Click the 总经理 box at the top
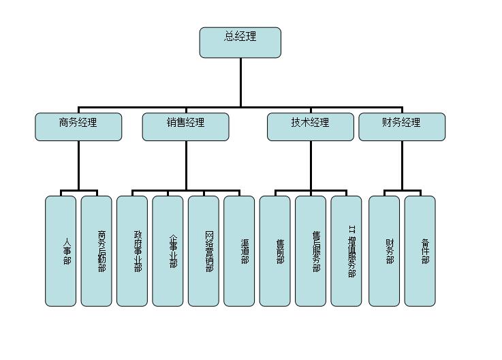240,42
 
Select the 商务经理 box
78,127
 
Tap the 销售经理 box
185,127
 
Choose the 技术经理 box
310,127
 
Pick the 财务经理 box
402,127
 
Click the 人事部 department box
61,251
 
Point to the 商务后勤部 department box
96,251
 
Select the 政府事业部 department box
132,251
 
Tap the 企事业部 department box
168,251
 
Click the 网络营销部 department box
204,251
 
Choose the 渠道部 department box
239,251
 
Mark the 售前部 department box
274,251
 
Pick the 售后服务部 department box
311,251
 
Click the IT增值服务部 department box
346,251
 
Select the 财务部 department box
384,251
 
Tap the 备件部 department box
420,251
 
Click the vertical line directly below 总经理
240,82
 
